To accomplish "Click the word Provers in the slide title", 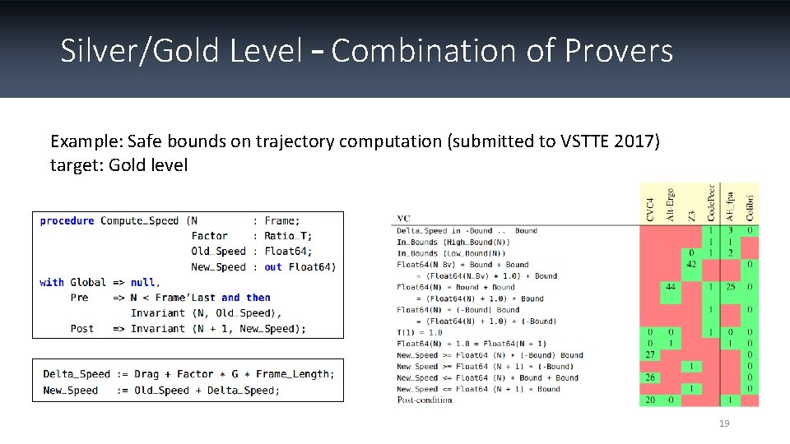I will (x=619, y=51).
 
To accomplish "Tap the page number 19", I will (x=724, y=423).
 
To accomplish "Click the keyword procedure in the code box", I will (x=67, y=220).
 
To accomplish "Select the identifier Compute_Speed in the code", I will (x=139, y=220).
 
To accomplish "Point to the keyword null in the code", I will (x=142, y=282).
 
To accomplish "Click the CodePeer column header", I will (x=709, y=201).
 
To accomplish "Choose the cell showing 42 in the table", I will (x=691, y=265).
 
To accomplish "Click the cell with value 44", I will (x=671, y=287).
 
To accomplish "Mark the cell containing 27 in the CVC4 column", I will (x=650, y=355).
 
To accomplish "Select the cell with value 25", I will (x=729, y=287).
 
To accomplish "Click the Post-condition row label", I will (x=424, y=400).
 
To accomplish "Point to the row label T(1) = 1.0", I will (x=419, y=332).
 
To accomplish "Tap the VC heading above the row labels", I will (x=403, y=219).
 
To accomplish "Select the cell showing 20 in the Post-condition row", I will (x=650, y=400).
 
